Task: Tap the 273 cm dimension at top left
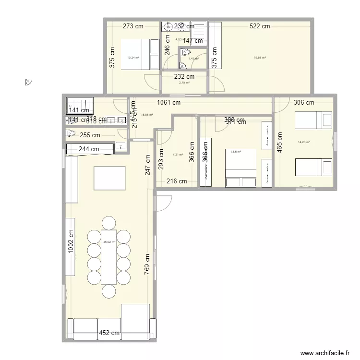(x=133, y=26)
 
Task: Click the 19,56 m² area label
(x=260, y=58)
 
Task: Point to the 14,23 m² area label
(x=303, y=142)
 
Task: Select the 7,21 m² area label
(x=178, y=155)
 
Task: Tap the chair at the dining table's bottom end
(x=109, y=291)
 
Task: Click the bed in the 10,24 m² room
(x=141, y=54)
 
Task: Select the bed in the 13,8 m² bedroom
(x=241, y=168)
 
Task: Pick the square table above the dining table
(x=109, y=179)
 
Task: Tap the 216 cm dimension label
(x=177, y=181)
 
